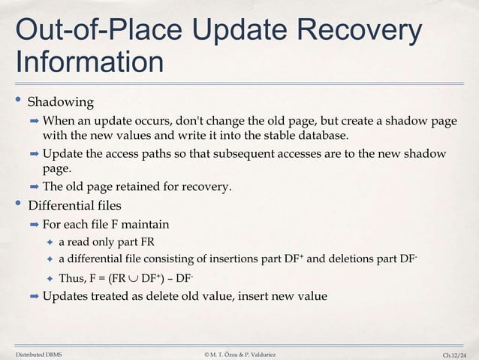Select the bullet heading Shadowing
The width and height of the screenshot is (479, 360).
pyautogui.click(x=61, y=101)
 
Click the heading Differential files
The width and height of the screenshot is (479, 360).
pyautogui.click(x=75, y=204)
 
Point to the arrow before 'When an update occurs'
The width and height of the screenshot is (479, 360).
pyautogui.click(x=34, y=121)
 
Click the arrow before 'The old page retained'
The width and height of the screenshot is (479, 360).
pyautogui.click(x=34, y=186)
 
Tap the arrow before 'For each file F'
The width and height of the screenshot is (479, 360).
pyautogui.click(x=34, y=224)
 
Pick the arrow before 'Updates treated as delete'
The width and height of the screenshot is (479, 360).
pyautogui.click(x=34, y=296)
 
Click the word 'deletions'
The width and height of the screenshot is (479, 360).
pyautogui.click(x=370, y=260)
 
